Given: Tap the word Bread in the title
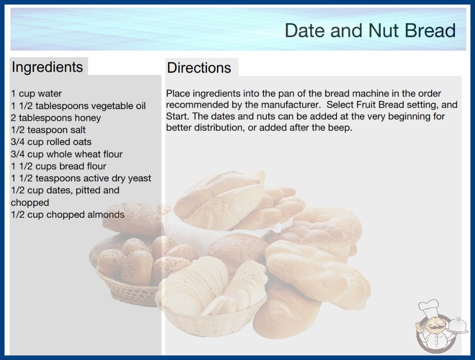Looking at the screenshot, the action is [430, 30].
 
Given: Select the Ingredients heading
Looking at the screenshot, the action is [47, 67].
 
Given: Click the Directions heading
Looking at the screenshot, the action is [199, 68].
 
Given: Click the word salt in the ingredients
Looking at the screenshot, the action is [78, 130].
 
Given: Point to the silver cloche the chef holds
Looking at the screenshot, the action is [458, 326].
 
